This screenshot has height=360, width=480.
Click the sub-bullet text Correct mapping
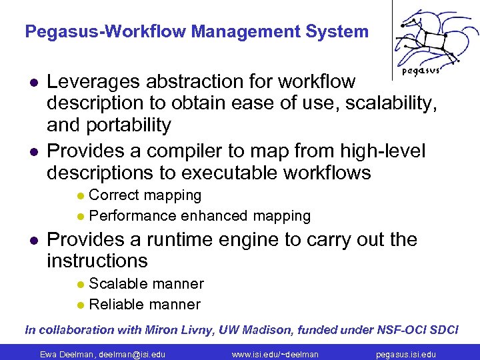click(x=145, y=195)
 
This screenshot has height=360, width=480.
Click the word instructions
click(x=97, y=261)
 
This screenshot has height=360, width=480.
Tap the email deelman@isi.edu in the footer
click(x=132, y=354)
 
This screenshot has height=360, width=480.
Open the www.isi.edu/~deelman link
click(x=275, y=354)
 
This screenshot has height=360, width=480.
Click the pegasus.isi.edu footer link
click(x=405, y=354)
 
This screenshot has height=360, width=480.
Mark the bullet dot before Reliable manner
click(x=80, y=305)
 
